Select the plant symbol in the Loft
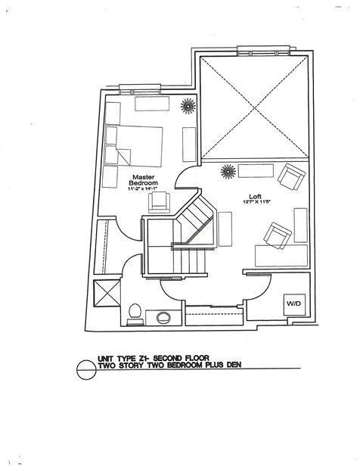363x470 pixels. (226, 171)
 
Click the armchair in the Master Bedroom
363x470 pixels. (159, 201)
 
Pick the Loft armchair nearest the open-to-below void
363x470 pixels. (290, 178)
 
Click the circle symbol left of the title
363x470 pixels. (88, 369)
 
